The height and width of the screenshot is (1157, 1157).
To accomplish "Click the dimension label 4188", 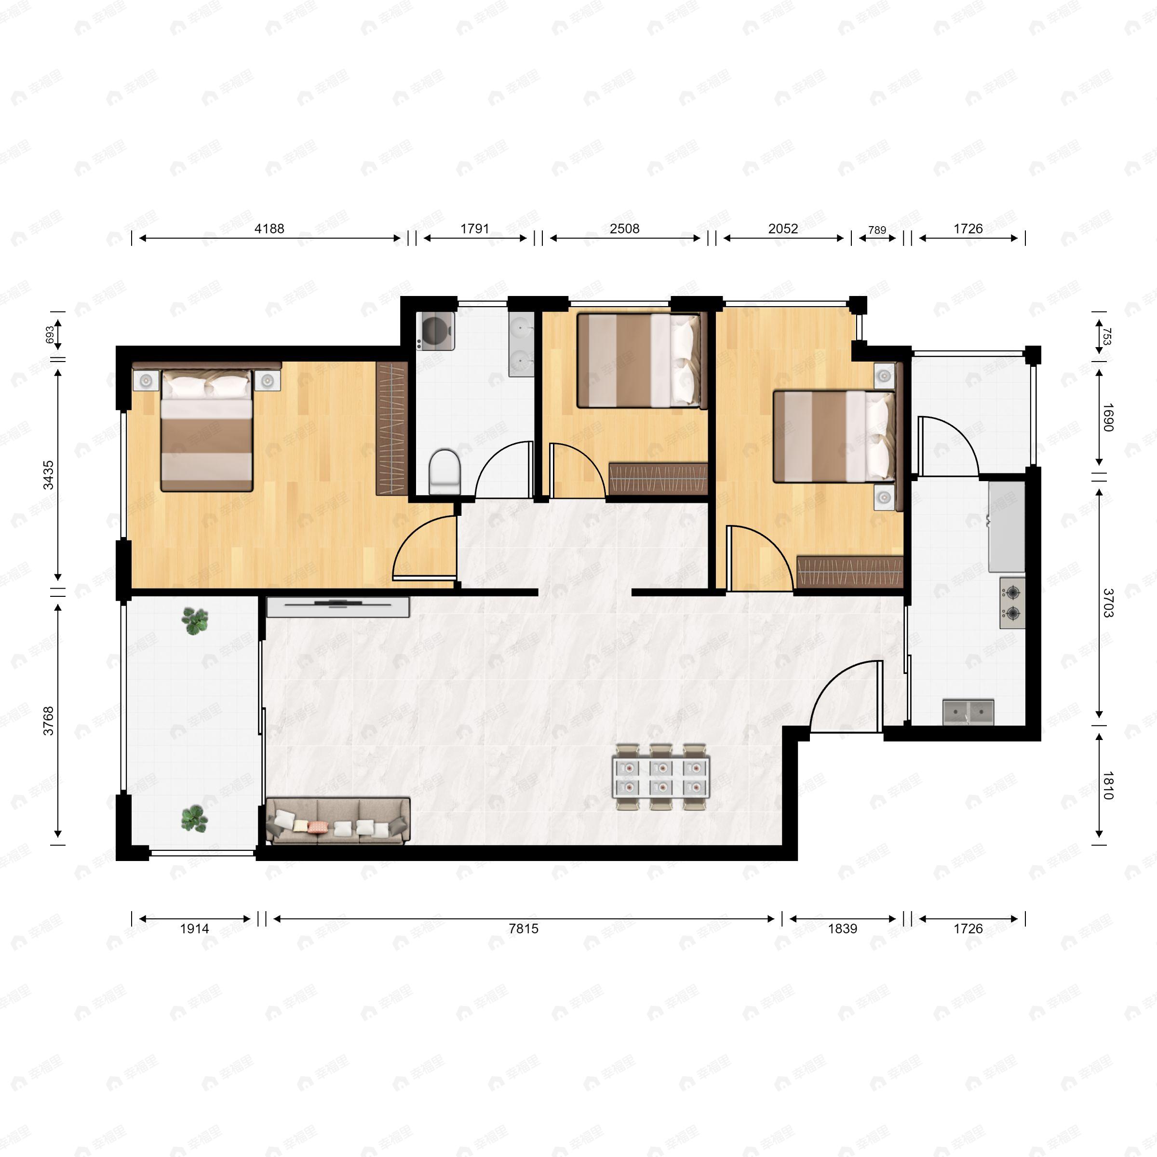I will [x=269, y=229].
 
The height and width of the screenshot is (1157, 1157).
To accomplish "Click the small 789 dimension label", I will [x=877, y=230].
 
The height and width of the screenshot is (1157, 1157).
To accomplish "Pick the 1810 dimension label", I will [x=1108, y=785].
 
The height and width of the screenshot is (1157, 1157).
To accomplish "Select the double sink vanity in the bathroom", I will [x=521, y=344].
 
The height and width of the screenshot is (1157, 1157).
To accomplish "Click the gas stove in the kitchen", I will [x=1012, y=603].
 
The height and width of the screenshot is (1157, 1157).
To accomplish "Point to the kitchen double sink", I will [x=969, y=712].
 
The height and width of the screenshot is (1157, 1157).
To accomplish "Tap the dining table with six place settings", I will [x=661, y=777].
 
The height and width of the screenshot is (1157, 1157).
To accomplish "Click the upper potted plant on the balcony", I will [x=195, y=621].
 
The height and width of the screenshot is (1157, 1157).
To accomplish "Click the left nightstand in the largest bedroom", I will [x=146, y=380].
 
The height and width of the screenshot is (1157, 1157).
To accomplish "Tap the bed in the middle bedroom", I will [x=638, y=361].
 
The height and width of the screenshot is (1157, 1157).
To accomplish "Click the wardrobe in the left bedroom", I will [x=391, y=428].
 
